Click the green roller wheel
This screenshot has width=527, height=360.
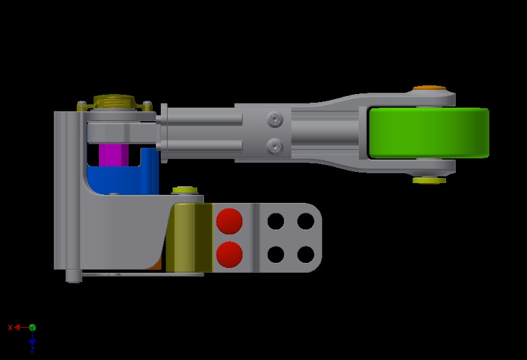point(429,133)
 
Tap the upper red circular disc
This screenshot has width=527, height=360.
point(229,221)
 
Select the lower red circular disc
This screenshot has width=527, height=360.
point(229,254)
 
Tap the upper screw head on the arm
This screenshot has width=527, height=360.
point(275,119)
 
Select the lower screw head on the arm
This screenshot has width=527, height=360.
point(275,147)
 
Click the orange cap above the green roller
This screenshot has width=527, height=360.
point(429,88)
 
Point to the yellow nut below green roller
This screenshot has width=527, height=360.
point(429,180)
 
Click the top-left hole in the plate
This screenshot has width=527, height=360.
point(276,221)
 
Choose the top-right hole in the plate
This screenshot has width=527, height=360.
point(306,221)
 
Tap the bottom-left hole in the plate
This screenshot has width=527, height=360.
point(276,254)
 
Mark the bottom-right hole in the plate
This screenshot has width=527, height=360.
point(306,254)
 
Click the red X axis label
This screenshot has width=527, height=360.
point(10,327)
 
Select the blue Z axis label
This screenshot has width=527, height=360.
point(32,350)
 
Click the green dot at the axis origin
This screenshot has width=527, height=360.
point(32,327)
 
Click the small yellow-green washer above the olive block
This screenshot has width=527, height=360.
point(184,190)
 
